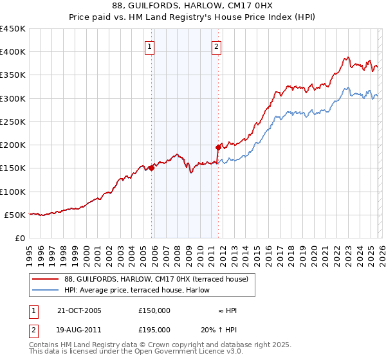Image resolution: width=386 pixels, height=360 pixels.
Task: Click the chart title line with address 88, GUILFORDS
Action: tap(193, 7)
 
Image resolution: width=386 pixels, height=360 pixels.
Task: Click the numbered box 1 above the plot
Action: tap(149, 46)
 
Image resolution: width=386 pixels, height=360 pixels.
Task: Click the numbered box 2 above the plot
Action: tap(217, 46)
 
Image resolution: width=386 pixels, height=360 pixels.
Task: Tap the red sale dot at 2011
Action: tap(218, 147)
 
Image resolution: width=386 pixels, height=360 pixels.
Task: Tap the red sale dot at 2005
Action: tap(152, 168)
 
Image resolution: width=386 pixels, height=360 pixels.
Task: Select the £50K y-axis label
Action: tap(15, 215)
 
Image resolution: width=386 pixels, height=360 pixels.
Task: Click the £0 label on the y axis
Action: tap(21, 238)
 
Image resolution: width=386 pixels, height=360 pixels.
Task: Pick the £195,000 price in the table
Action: tap(154, 330)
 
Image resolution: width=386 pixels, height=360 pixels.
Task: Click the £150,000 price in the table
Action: tap(154, 310)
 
